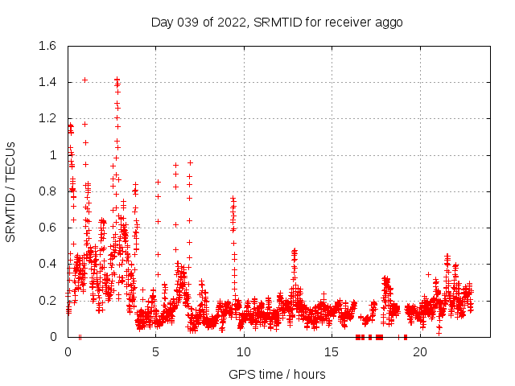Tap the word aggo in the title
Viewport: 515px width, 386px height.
(388, 22)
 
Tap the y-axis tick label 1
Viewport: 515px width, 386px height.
(53, 155)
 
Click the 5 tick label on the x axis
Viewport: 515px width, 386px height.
(155, 352)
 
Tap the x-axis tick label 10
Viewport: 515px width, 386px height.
(244, 352)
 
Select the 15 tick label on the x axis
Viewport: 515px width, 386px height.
(332, 352)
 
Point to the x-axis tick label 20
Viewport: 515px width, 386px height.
(419, 352)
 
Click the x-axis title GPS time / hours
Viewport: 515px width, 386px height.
(277, 374)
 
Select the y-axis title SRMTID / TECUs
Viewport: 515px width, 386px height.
(11, 191)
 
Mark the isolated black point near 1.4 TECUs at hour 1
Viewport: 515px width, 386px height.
(84, 80)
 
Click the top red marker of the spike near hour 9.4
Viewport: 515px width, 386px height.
(233, 197)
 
